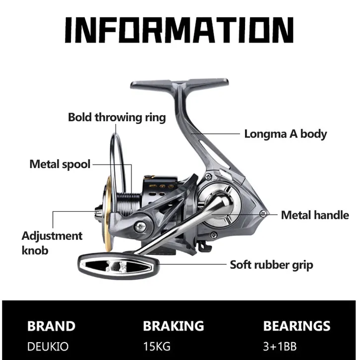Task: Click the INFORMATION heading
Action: (179, 30)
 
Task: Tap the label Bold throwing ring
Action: (117, 118)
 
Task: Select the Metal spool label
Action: (60, 165)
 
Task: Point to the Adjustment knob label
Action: (52, 243)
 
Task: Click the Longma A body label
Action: (286, 134)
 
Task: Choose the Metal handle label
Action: (315, 215)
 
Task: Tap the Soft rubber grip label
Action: (271, 265)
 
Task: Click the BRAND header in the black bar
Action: (51, 326)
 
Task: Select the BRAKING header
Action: (174, 326)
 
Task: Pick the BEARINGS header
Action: (297, 326)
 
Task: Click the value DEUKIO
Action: (48, 347)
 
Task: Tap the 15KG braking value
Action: (157, 347)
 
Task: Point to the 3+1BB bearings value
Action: (280, 347)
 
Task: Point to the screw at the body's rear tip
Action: (263, 214)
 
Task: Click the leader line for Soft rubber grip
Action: (192, 264)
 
